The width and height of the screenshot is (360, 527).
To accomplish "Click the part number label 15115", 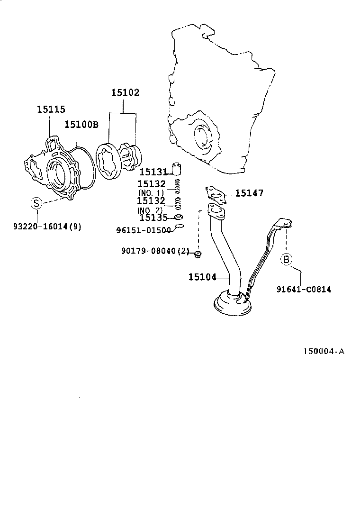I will click(x=51, y=109).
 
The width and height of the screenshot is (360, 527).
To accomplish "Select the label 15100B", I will click(x=81, y=124).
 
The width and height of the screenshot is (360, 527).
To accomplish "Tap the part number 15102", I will click(x=125, y=93).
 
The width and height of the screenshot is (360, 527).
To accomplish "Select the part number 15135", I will click(x=153, y=218).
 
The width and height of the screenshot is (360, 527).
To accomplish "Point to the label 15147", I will click(x=249, y=193).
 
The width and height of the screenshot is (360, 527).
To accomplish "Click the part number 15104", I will click(x=202, y=277).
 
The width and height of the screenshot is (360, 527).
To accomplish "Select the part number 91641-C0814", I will click(x=304, y=289).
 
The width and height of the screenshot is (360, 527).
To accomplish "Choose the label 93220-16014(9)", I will click(x=47, y=227).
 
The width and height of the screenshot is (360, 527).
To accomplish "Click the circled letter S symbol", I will click(x=36, y=203).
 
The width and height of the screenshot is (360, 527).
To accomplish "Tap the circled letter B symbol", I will click(x=286, y=259).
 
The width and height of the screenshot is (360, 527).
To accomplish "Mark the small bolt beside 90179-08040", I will click(x=198, y=256).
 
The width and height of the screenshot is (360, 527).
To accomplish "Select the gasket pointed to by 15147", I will click(x=216, y=194).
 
